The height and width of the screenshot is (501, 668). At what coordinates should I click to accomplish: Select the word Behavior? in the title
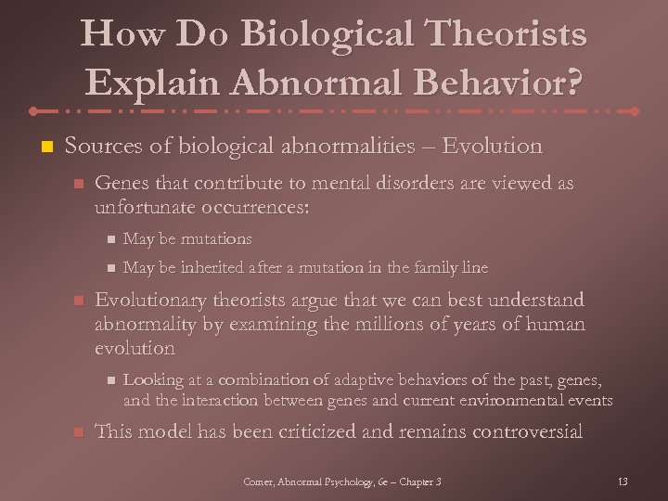(507, 83)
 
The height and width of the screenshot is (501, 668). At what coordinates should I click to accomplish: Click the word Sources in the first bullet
(100, 147)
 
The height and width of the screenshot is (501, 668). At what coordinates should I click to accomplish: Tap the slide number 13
(622, 482)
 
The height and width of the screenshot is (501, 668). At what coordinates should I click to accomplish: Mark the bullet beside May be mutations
(107, 239)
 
